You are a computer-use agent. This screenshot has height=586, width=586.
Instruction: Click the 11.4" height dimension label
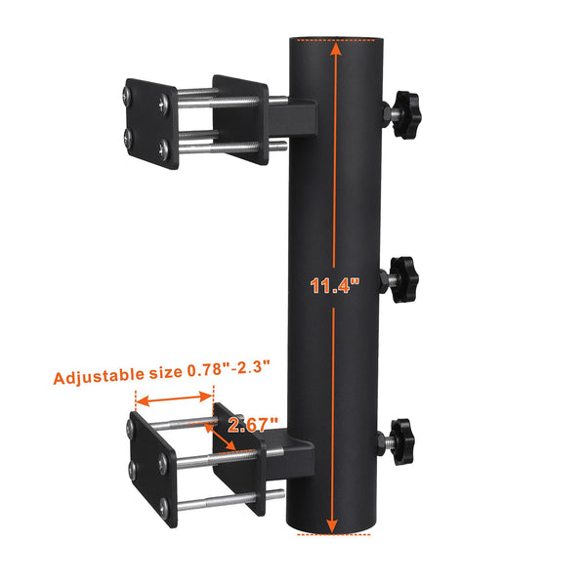tap(335, 286)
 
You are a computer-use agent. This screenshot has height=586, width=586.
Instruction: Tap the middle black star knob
tap(402, 278)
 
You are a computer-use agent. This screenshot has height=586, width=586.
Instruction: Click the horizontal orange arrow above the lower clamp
tap(174, 398)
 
